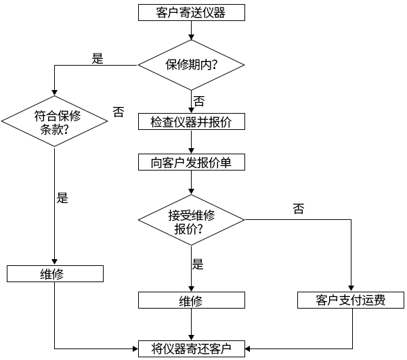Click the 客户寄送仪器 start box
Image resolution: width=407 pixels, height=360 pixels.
[191, 12]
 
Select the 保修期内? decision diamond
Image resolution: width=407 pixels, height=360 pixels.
[191, 65]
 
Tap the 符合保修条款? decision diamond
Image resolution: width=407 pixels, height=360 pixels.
[54, 122]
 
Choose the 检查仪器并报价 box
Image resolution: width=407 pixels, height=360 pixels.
[191, 122]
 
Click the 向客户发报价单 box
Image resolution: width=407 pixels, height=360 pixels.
[191, 163]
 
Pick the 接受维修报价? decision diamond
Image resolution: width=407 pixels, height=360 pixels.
[191, 221]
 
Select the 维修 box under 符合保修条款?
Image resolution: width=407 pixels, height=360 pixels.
[54, 273]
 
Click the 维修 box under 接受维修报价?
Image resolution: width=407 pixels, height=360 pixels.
[191, 300]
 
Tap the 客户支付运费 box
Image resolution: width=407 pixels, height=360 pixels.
[351, 300]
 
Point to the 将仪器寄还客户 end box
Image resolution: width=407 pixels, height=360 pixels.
[191, 348]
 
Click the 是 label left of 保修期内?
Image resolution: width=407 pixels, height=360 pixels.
[98, 58]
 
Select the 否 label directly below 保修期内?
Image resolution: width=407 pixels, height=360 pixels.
[199, 101]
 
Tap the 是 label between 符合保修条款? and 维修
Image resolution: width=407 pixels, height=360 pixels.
[62, 198]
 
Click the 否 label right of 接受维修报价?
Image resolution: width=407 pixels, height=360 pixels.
[299, 208]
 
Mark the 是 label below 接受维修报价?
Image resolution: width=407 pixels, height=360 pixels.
[198, 264]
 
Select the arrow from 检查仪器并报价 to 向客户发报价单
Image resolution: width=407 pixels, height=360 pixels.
[192, 142]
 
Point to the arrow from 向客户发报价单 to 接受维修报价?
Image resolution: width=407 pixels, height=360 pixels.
[192, 184]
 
